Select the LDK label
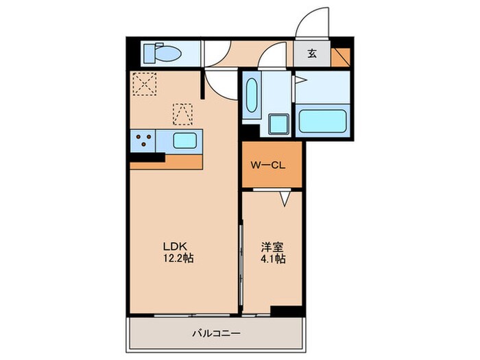pos(173,247)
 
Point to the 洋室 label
pos(272,247)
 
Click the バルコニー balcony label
pos(215,334)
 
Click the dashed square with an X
pos(145,85)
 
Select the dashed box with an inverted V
pos(183,114)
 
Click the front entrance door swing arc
pos(312,22)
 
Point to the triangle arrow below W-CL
pos(285,198)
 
